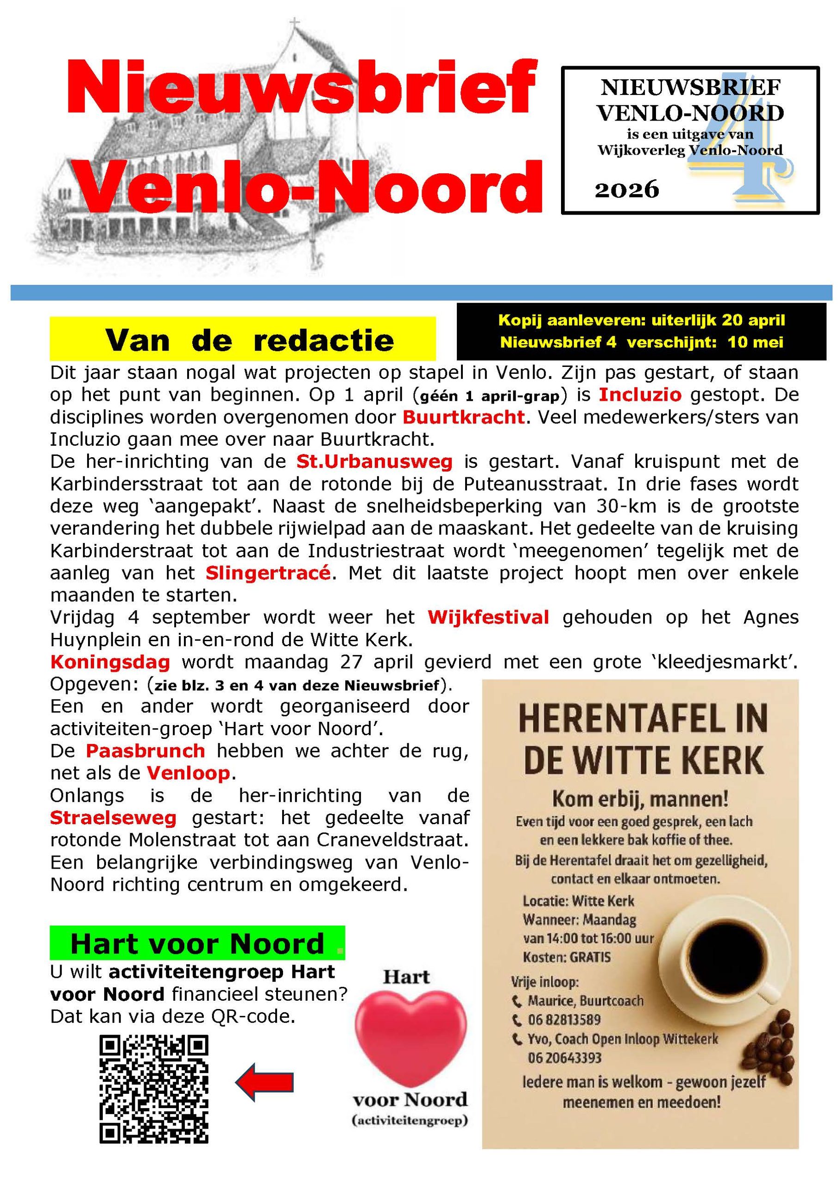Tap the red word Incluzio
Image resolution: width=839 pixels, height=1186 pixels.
(640, 395)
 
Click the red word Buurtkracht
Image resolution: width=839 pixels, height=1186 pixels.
(463, 417)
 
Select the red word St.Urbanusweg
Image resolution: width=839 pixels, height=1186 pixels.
(374, 461)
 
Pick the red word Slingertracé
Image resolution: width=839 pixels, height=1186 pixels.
(268, 573)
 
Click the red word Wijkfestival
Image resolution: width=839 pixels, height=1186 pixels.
(488, 617)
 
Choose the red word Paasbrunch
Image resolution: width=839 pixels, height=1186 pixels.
(145, 751)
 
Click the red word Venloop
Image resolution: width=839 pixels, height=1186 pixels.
(189, 773)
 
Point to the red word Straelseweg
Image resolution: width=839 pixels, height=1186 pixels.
(113, 818)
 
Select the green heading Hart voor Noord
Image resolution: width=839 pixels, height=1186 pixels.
(197, 944)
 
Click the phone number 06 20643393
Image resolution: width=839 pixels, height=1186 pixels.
(565, 1058)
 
